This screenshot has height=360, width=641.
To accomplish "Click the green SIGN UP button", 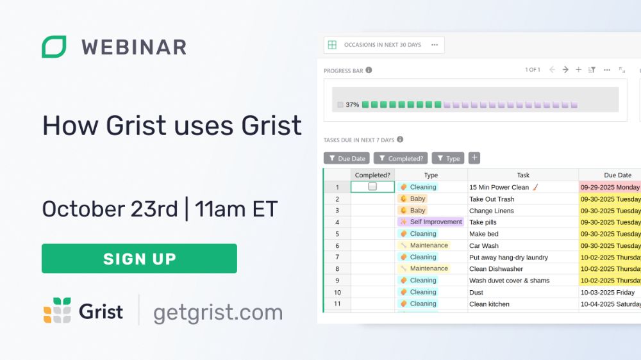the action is pyautogui.click(x=139, y=258).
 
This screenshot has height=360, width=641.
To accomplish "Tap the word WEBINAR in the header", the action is pyautogui.click(x=134, y=47).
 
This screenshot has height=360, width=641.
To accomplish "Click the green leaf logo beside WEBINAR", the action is pyautogui.click(x=54, y=47).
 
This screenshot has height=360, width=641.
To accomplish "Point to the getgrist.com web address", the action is pyautogui.click(x=218, y=312).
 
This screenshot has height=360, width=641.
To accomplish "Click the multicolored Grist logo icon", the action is pyautogui.click(x=57, y=310).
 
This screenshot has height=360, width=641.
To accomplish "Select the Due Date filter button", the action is pyautogui.click(x=347, y=158).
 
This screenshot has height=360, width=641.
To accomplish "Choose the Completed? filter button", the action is pyautogui.click(x=401, y=158).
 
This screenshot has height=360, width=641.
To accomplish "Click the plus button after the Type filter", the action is pyautogui.click(x=474, y=158).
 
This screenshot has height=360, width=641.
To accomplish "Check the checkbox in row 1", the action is pyautogui.click(x=372, y=186).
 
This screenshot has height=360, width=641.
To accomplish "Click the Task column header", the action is pyautogui.click(x=523, y=175).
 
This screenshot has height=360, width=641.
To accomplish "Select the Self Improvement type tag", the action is pyautogui.click(x=431, y=222).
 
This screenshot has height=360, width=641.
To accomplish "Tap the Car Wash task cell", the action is pyautogui.click(x=523, y=245).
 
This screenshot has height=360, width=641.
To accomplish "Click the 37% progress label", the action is pyautogui.click(x=353, y=104).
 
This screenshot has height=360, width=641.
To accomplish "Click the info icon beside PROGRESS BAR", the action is pyautogui.click(x=369, y=70).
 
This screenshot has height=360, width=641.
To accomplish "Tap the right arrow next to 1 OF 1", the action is pyautogui.click(x=565, y=70).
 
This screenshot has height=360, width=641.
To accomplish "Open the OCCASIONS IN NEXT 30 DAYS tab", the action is pyautogui.click(x=384, y=45).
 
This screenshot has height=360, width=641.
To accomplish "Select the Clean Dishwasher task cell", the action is pyautogui.click(x=523, y=269).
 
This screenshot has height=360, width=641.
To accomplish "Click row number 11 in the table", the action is pyautogui.click(x=337, y=304).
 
